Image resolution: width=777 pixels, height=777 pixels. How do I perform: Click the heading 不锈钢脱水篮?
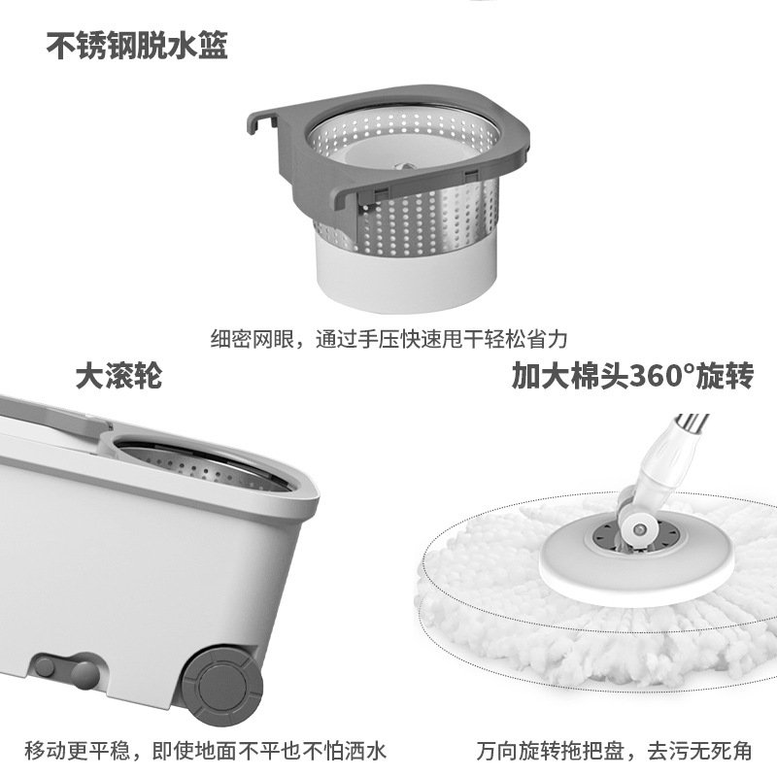coord(137,46)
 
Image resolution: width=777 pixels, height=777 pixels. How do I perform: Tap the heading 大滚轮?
coord(118,375)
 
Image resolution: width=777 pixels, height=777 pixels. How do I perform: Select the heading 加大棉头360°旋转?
coord(632,375)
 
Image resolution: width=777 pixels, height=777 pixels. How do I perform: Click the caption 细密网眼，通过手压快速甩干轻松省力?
coord(388,339)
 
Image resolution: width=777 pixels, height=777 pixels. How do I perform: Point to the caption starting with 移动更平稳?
coord(206,751)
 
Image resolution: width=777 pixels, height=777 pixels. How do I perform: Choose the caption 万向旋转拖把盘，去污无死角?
coord(615,751)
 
